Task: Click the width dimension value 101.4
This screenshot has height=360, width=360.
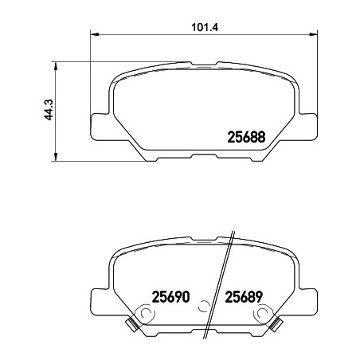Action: [x=205, y=27]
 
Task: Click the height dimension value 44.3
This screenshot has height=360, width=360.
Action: [x=49, y=110]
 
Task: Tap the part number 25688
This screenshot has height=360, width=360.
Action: [x=246, y=137]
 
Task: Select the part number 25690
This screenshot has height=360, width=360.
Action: [x=170, y=297]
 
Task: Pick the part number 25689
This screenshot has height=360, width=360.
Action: [x=244, y=297]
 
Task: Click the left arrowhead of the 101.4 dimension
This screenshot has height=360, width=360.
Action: [x=95, y=34]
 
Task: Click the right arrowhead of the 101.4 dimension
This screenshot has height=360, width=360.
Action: [x=313, y=34]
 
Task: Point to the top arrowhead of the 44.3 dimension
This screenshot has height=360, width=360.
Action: [x=56, y=66]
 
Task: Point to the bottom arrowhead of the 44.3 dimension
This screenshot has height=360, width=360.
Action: [x=56, y=157]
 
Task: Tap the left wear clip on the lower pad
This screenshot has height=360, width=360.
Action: [x=131, y=324]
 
